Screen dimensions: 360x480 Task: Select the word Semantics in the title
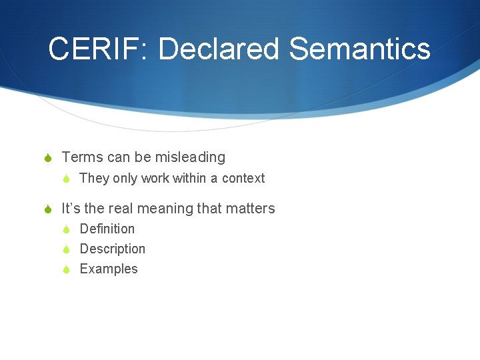point(359,49)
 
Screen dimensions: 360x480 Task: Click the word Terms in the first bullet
point(82,157)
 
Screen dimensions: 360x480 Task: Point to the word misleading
point(190,157)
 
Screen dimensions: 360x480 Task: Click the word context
point(243,178)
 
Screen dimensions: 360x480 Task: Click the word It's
point(71,209)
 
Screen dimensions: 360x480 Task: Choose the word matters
point(250,209)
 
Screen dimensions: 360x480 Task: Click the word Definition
point(107,229)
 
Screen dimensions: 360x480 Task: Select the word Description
point(112,249)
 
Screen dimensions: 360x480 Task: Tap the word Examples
point(109,269)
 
